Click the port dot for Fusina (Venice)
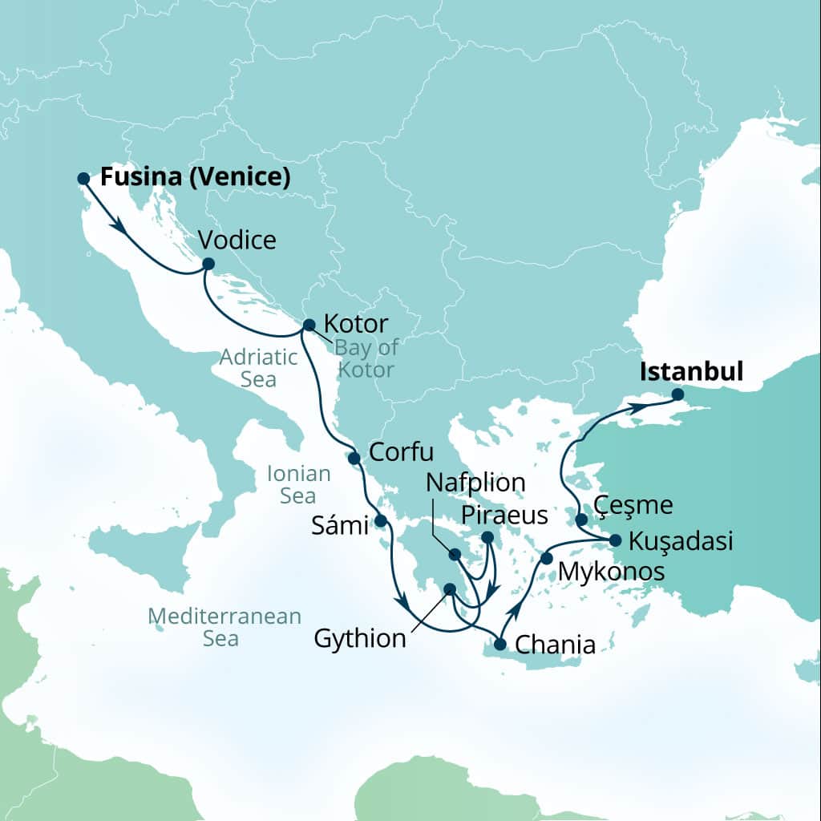[83, 178]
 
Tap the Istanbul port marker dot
[677, 394]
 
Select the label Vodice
[237, 240]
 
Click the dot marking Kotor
[309, 326]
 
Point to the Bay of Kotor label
[365, 358]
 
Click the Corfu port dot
[354, 458]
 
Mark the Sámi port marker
[381, 521]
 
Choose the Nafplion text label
[476, 483]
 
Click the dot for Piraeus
[487, 537]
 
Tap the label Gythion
[360, 639]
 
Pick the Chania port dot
[500, 643]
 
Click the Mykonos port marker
[547, 558]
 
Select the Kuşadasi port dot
[615, 540]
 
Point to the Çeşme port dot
[582, 520]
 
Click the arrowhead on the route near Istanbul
[636, 408]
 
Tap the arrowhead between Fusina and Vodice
[119, 227]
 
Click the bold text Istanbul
[691, 372]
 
